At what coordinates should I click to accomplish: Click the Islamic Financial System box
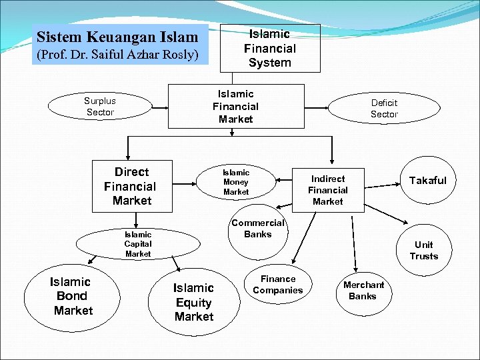coord(269,48)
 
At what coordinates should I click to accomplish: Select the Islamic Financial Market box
coord(235,106)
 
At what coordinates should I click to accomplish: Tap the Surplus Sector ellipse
coord(100,107)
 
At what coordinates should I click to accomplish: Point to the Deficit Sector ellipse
coord(384,108)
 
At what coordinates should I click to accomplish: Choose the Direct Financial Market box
coord(131,186)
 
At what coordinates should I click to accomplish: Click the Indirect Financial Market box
coord(327,190)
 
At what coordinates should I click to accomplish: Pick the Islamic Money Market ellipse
coord(236,182)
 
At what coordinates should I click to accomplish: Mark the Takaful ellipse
coord(427,181)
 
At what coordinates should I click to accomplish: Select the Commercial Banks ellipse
coord(257,228)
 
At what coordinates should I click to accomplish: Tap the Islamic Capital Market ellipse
coord(138,244)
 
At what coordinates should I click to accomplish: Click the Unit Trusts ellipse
coord(423,250)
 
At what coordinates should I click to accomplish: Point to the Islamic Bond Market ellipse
coord(73,296)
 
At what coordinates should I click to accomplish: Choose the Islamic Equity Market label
coord(193,302)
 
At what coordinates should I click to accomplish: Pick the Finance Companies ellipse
coord(278,285)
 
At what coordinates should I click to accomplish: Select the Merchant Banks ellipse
coord(363,291)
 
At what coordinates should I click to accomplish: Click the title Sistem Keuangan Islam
coord(117,37)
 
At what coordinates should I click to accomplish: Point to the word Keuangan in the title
coord(123,37)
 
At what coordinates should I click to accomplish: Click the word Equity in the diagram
coord(193,302)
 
